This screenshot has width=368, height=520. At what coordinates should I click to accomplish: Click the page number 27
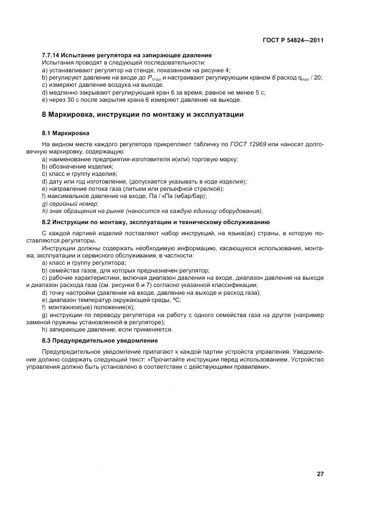click(320, 474)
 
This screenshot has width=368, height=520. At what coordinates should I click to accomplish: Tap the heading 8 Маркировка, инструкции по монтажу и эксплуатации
click(143, 115)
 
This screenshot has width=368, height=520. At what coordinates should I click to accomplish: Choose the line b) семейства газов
click(122, 270)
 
